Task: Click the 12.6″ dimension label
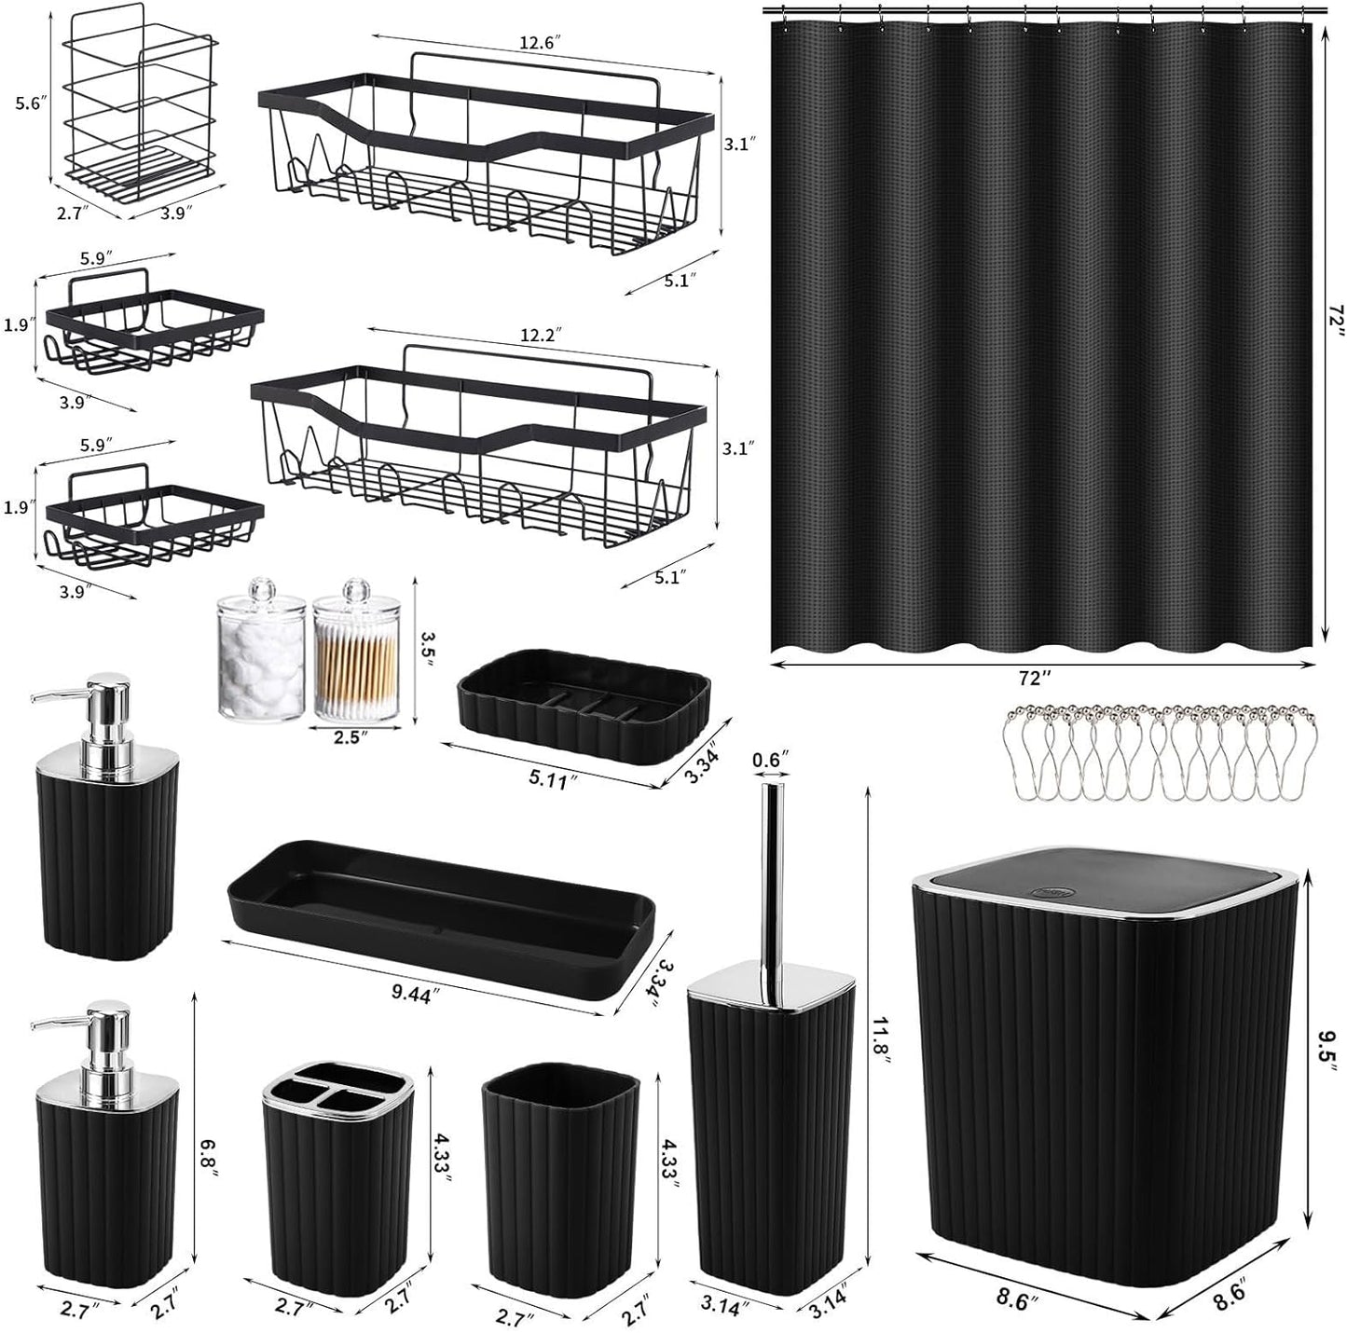[540, 42]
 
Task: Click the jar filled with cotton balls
[261, 658]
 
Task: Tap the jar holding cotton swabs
[355, 658]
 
